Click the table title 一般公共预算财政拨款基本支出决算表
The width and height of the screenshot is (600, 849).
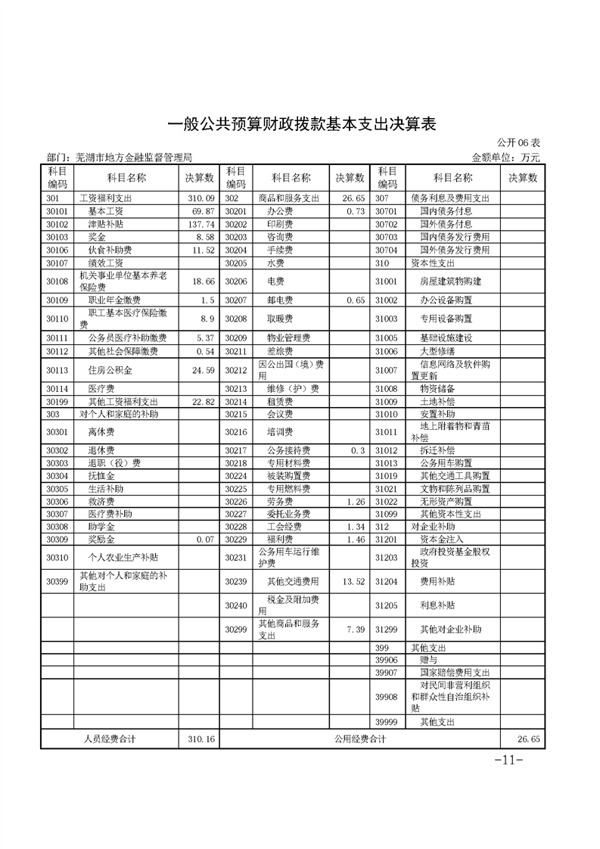pyautogui.click(x=300, y=123)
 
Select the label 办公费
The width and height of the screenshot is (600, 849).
pyautogui.click(x=279, y=211)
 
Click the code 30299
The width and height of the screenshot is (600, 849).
pyautogui.click(x=236, y=629)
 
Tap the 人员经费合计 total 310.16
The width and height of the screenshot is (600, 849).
pyautogui.click(x=201, y=739)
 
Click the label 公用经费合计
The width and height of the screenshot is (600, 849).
pyautogui.click(x=359, y=739)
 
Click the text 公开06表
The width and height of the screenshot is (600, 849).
pyautogui.click(x=518, y=143)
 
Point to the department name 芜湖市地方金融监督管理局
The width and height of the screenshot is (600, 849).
pyautogui.click(x=134, y=157)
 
